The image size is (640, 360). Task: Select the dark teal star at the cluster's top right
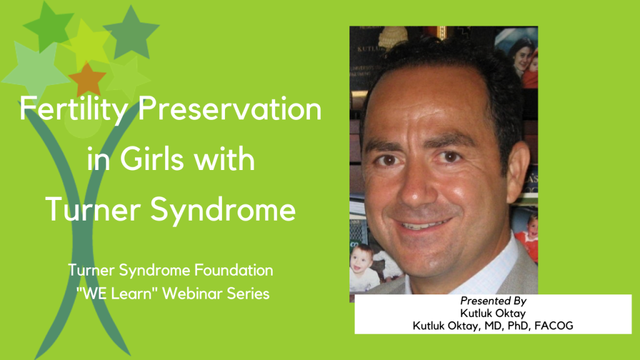[x=132, y=30]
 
